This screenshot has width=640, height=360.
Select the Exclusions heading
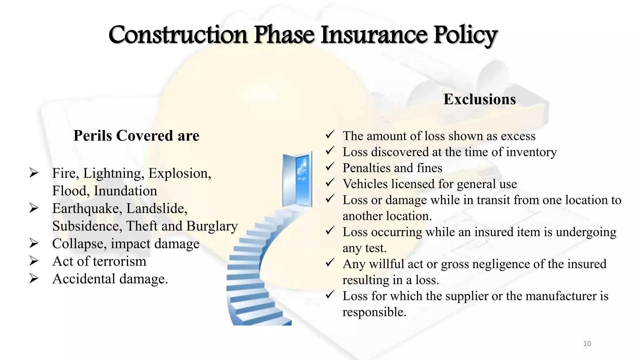pyautogui.click(x=479, y=99)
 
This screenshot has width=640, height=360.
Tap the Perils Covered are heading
pyautogui.click(x=136, y=136)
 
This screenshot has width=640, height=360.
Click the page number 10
pyautogui.click(x=587, y=344)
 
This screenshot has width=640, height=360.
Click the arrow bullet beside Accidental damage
pyautogui.click(x=34, y=278)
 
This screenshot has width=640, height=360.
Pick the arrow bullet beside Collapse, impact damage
pyautogui.click(x=34, y=243)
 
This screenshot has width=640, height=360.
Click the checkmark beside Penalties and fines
pyautogui.click(x=330, y=167)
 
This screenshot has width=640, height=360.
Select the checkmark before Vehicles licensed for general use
pyautogui.click(x=330, y=183)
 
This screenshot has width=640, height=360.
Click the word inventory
pyautogui.click(x=531, y=152)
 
